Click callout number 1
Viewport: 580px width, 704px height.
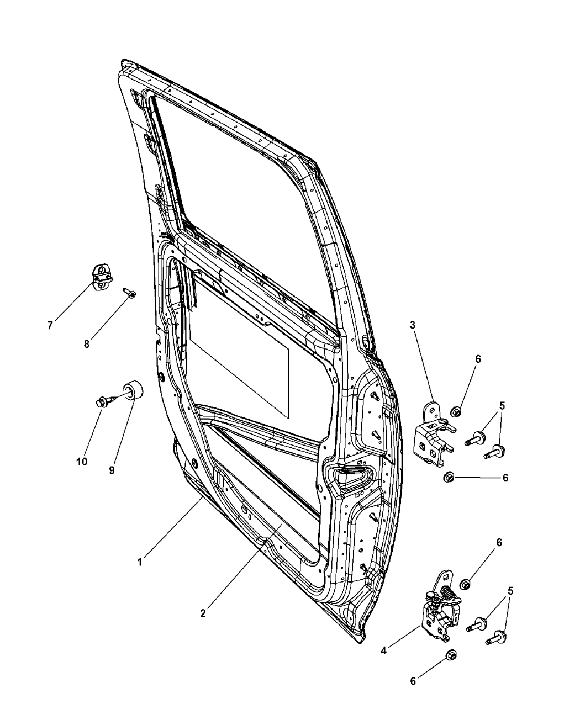tap(139, 562)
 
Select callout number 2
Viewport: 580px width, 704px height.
tap(203, 613)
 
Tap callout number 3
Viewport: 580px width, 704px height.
tap(412, 325)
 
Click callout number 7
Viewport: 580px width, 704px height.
tap(50, 325)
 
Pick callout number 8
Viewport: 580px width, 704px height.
tap(87, 344)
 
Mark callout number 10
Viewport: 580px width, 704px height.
tap(82, 462)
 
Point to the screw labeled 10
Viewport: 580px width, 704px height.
tap(106, 401)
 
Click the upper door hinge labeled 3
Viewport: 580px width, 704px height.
tap(435, 435)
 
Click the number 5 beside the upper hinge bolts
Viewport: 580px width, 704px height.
tap(502, 406)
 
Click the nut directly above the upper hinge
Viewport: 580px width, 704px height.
tap(456, 412)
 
